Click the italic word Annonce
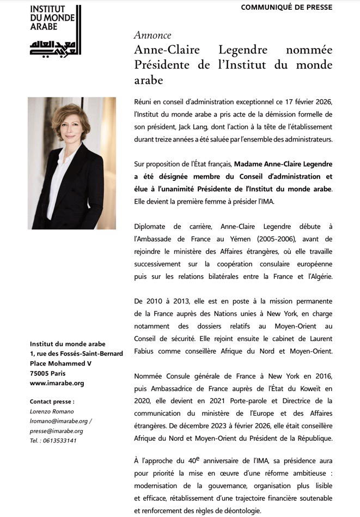click(x=152, y=36)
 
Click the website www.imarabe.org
click(x=57, y=383)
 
